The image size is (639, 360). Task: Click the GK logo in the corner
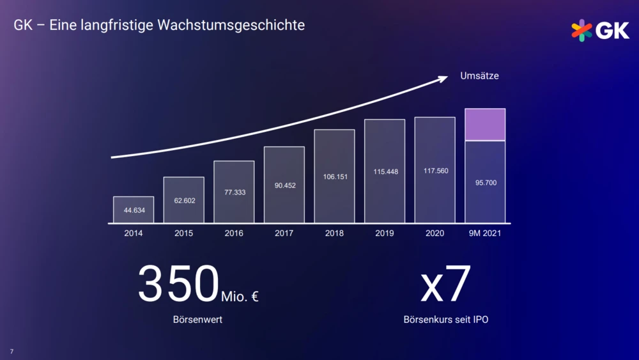[599, 30]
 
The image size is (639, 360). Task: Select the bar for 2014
[134, 210]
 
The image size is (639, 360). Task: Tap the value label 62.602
[184, 201]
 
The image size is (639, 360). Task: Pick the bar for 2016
[234, 192]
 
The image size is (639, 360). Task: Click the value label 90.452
[284, 185]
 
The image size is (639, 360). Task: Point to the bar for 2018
[334, 176]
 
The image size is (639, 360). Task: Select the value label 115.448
[385, 171]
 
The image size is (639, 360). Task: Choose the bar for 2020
[435, 170]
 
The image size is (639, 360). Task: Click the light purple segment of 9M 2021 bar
[485, 125]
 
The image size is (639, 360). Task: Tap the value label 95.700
[485, 183]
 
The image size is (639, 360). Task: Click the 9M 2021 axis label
[485, 233]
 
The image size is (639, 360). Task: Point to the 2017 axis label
[284, 233]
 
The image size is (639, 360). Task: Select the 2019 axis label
[385, 233]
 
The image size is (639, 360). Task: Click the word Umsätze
[479, 76]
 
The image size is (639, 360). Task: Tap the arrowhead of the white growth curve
[443, 77]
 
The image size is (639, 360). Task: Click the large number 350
[178, 284]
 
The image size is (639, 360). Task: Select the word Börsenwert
[197, 319]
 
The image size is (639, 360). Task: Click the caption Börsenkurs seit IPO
[445, 319]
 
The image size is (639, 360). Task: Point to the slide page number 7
[12, 351]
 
